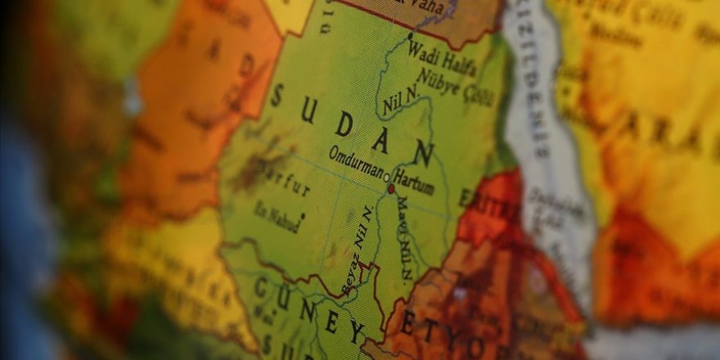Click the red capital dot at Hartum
coord(391,189)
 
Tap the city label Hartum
coord(413,180)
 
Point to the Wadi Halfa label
coord(442,57)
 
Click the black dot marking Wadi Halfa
coord(410,36)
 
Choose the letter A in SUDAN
coord(381,138)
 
